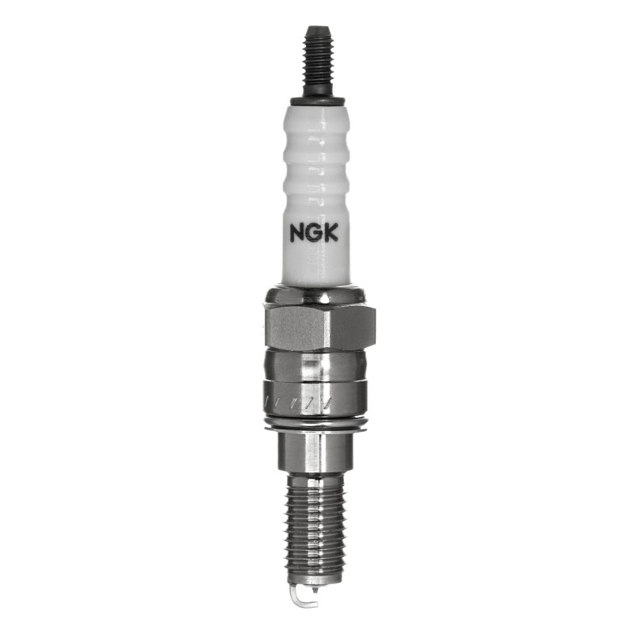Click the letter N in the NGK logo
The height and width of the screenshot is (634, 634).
coord(296,234)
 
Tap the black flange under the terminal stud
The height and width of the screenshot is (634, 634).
coord(317,101)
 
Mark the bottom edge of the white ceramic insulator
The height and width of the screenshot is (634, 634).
coord(317,283)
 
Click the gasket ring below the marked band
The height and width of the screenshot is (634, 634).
coord(317,426)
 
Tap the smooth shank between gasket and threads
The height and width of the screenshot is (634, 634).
coord(317,452)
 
